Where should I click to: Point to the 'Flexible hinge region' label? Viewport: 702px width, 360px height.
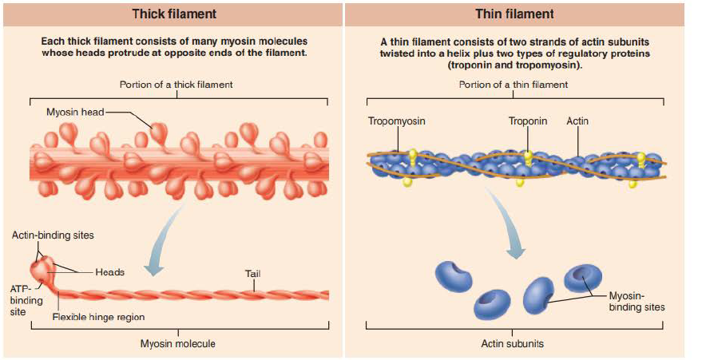[x=98, y=317]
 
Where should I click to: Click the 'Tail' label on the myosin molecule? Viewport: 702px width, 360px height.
[x=252, y=275]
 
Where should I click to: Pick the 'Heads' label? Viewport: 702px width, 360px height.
[x=110, y=272]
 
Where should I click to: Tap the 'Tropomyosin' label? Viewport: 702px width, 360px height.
[x=396, y=121]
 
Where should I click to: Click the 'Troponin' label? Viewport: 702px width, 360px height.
[x=528, y=121]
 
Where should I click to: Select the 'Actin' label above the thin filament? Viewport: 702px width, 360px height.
[x=577, y=121]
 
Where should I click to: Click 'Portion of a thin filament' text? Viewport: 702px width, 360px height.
[x=514, y=85]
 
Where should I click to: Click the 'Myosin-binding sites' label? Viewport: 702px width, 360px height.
[x=637, y=301]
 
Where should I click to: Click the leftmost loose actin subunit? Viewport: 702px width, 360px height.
[x=454, y=275]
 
